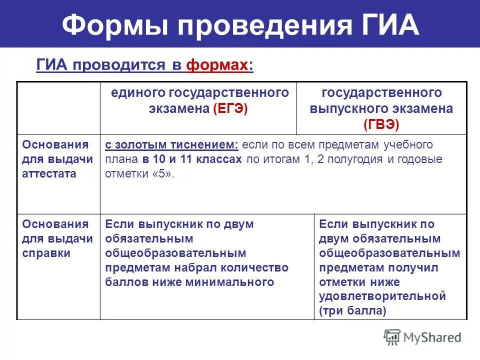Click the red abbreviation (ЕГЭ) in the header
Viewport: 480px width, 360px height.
pyautogui.click(x=230, y=108)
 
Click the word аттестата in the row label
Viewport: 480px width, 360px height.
pyautogui.click(x=49, y=173)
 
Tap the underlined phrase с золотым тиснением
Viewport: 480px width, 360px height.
pyautogui.click(x=171, y=145)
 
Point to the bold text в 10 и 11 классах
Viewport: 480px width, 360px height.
pyautogui.click(x=192, y=159)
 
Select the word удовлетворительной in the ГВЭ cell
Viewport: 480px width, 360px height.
pyautogui.click(x=382, y=296)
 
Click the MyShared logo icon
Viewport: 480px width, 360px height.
pyautogui.click(x=392, y=336)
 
